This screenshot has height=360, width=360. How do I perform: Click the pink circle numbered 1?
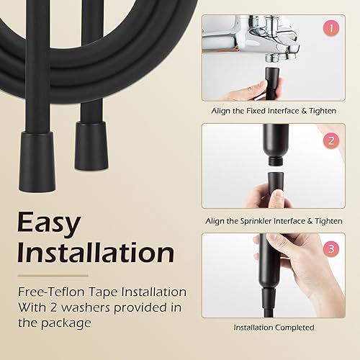(x=331, y=28)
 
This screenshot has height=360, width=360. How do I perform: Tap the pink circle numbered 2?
(x=331, y=140)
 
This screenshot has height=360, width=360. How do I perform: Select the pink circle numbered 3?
(x=331, y=248)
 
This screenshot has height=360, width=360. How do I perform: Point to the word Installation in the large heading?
(x=96, y=253)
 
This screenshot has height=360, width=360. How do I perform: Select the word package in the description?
(x=66, y=323)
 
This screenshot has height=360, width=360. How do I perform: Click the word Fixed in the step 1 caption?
(x=256, y=111)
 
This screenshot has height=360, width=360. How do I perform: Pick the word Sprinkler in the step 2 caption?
(x=256, y=221)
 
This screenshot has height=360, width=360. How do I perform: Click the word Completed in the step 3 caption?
(x=294, y=328)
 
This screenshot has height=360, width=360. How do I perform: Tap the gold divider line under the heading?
(x=53, y=276)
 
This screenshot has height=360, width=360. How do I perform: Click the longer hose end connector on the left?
(x=37, y=161)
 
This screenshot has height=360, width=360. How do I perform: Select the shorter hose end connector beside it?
(x=91, y=145)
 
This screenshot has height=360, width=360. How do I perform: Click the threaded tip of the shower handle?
(x=275, y=161)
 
